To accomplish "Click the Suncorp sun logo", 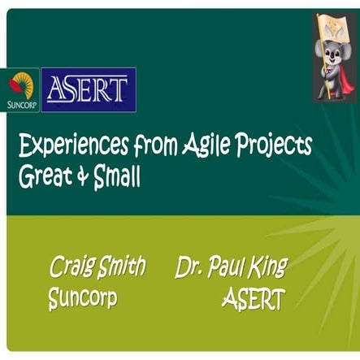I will click(20, 84).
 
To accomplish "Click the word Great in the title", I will click(42, 177).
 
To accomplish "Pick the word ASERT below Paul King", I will click(253, 299).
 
